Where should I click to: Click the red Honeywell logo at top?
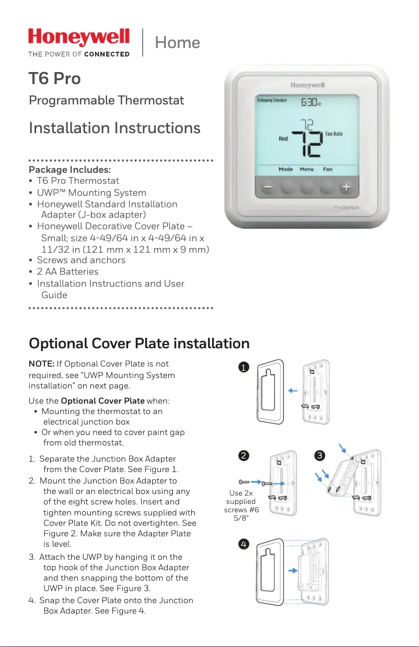(x=79, y=38)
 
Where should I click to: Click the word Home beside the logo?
(x=177, y=42)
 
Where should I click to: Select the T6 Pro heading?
(x=55, y=79)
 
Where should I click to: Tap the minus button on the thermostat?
(x=267, y=186)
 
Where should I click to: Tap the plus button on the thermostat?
(x=346, y=186)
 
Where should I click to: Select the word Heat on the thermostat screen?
(x=283, y=139)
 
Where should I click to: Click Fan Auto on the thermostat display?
(x=334, y=134)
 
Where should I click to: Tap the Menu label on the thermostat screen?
(x=307, y=169)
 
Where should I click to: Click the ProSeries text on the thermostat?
(x=346, y=208)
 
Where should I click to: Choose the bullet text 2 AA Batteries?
(x=67, y=272)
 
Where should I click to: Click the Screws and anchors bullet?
(x=81, y=260)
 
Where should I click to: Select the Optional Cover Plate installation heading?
(x=139, y=344)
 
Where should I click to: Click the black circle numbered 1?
(x=242, y=368)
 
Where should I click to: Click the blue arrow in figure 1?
(x=293, y=390)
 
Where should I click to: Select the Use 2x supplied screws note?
(x=241, y=505)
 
